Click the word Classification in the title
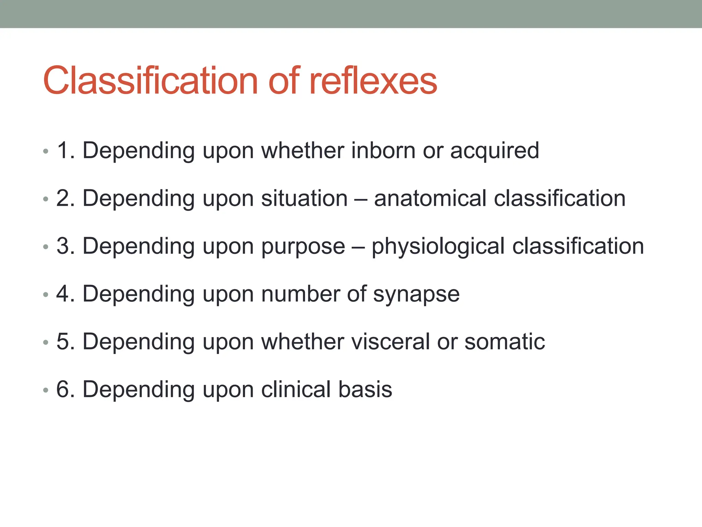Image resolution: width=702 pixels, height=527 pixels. (150, 81)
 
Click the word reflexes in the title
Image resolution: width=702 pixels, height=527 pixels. (373, 81)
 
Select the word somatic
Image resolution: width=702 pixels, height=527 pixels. (505, 342)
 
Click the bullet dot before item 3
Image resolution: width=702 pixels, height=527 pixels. (46, 247)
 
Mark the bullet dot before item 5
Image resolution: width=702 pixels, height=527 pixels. (46, 342)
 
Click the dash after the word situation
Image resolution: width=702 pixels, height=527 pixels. (361, 199)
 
